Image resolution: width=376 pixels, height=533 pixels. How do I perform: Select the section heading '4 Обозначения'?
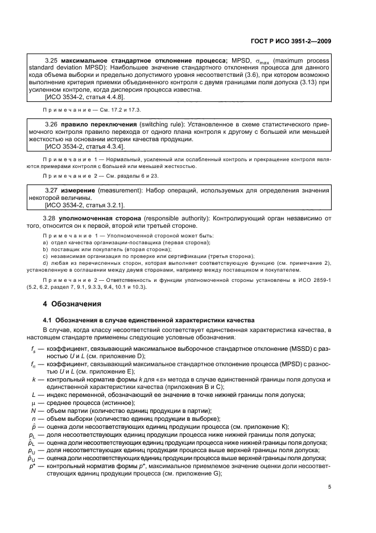point(72,304)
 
